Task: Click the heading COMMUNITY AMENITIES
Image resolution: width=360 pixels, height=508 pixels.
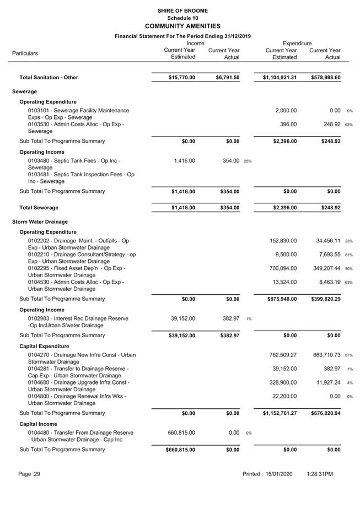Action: click(182, 26)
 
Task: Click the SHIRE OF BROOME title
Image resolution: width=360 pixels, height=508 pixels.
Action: click(182, 10)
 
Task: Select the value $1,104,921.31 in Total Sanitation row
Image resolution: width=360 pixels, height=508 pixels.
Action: click(280, 78)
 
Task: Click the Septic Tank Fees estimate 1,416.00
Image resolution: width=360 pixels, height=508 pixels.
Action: click(184, 161)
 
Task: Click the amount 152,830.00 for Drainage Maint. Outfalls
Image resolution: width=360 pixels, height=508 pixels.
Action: click(283, 241)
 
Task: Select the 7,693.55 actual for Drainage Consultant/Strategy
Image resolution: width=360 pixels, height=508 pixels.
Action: click(326, 255)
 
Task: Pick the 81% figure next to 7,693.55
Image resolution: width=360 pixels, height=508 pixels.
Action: click(348, 255)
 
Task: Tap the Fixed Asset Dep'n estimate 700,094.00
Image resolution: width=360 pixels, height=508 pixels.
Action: click(283, 268)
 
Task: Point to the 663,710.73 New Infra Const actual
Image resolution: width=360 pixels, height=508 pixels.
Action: click(325, 355)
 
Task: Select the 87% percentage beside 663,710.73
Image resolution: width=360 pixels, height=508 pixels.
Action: click(348, 355)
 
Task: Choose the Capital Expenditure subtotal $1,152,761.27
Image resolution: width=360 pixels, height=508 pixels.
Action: click(280, 413)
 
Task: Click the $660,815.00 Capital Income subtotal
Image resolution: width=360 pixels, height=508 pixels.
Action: click(180, 450)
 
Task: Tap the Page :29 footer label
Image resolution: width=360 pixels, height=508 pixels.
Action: click(29, 474)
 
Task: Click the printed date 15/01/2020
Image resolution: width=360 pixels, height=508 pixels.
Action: click(282, 474)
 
